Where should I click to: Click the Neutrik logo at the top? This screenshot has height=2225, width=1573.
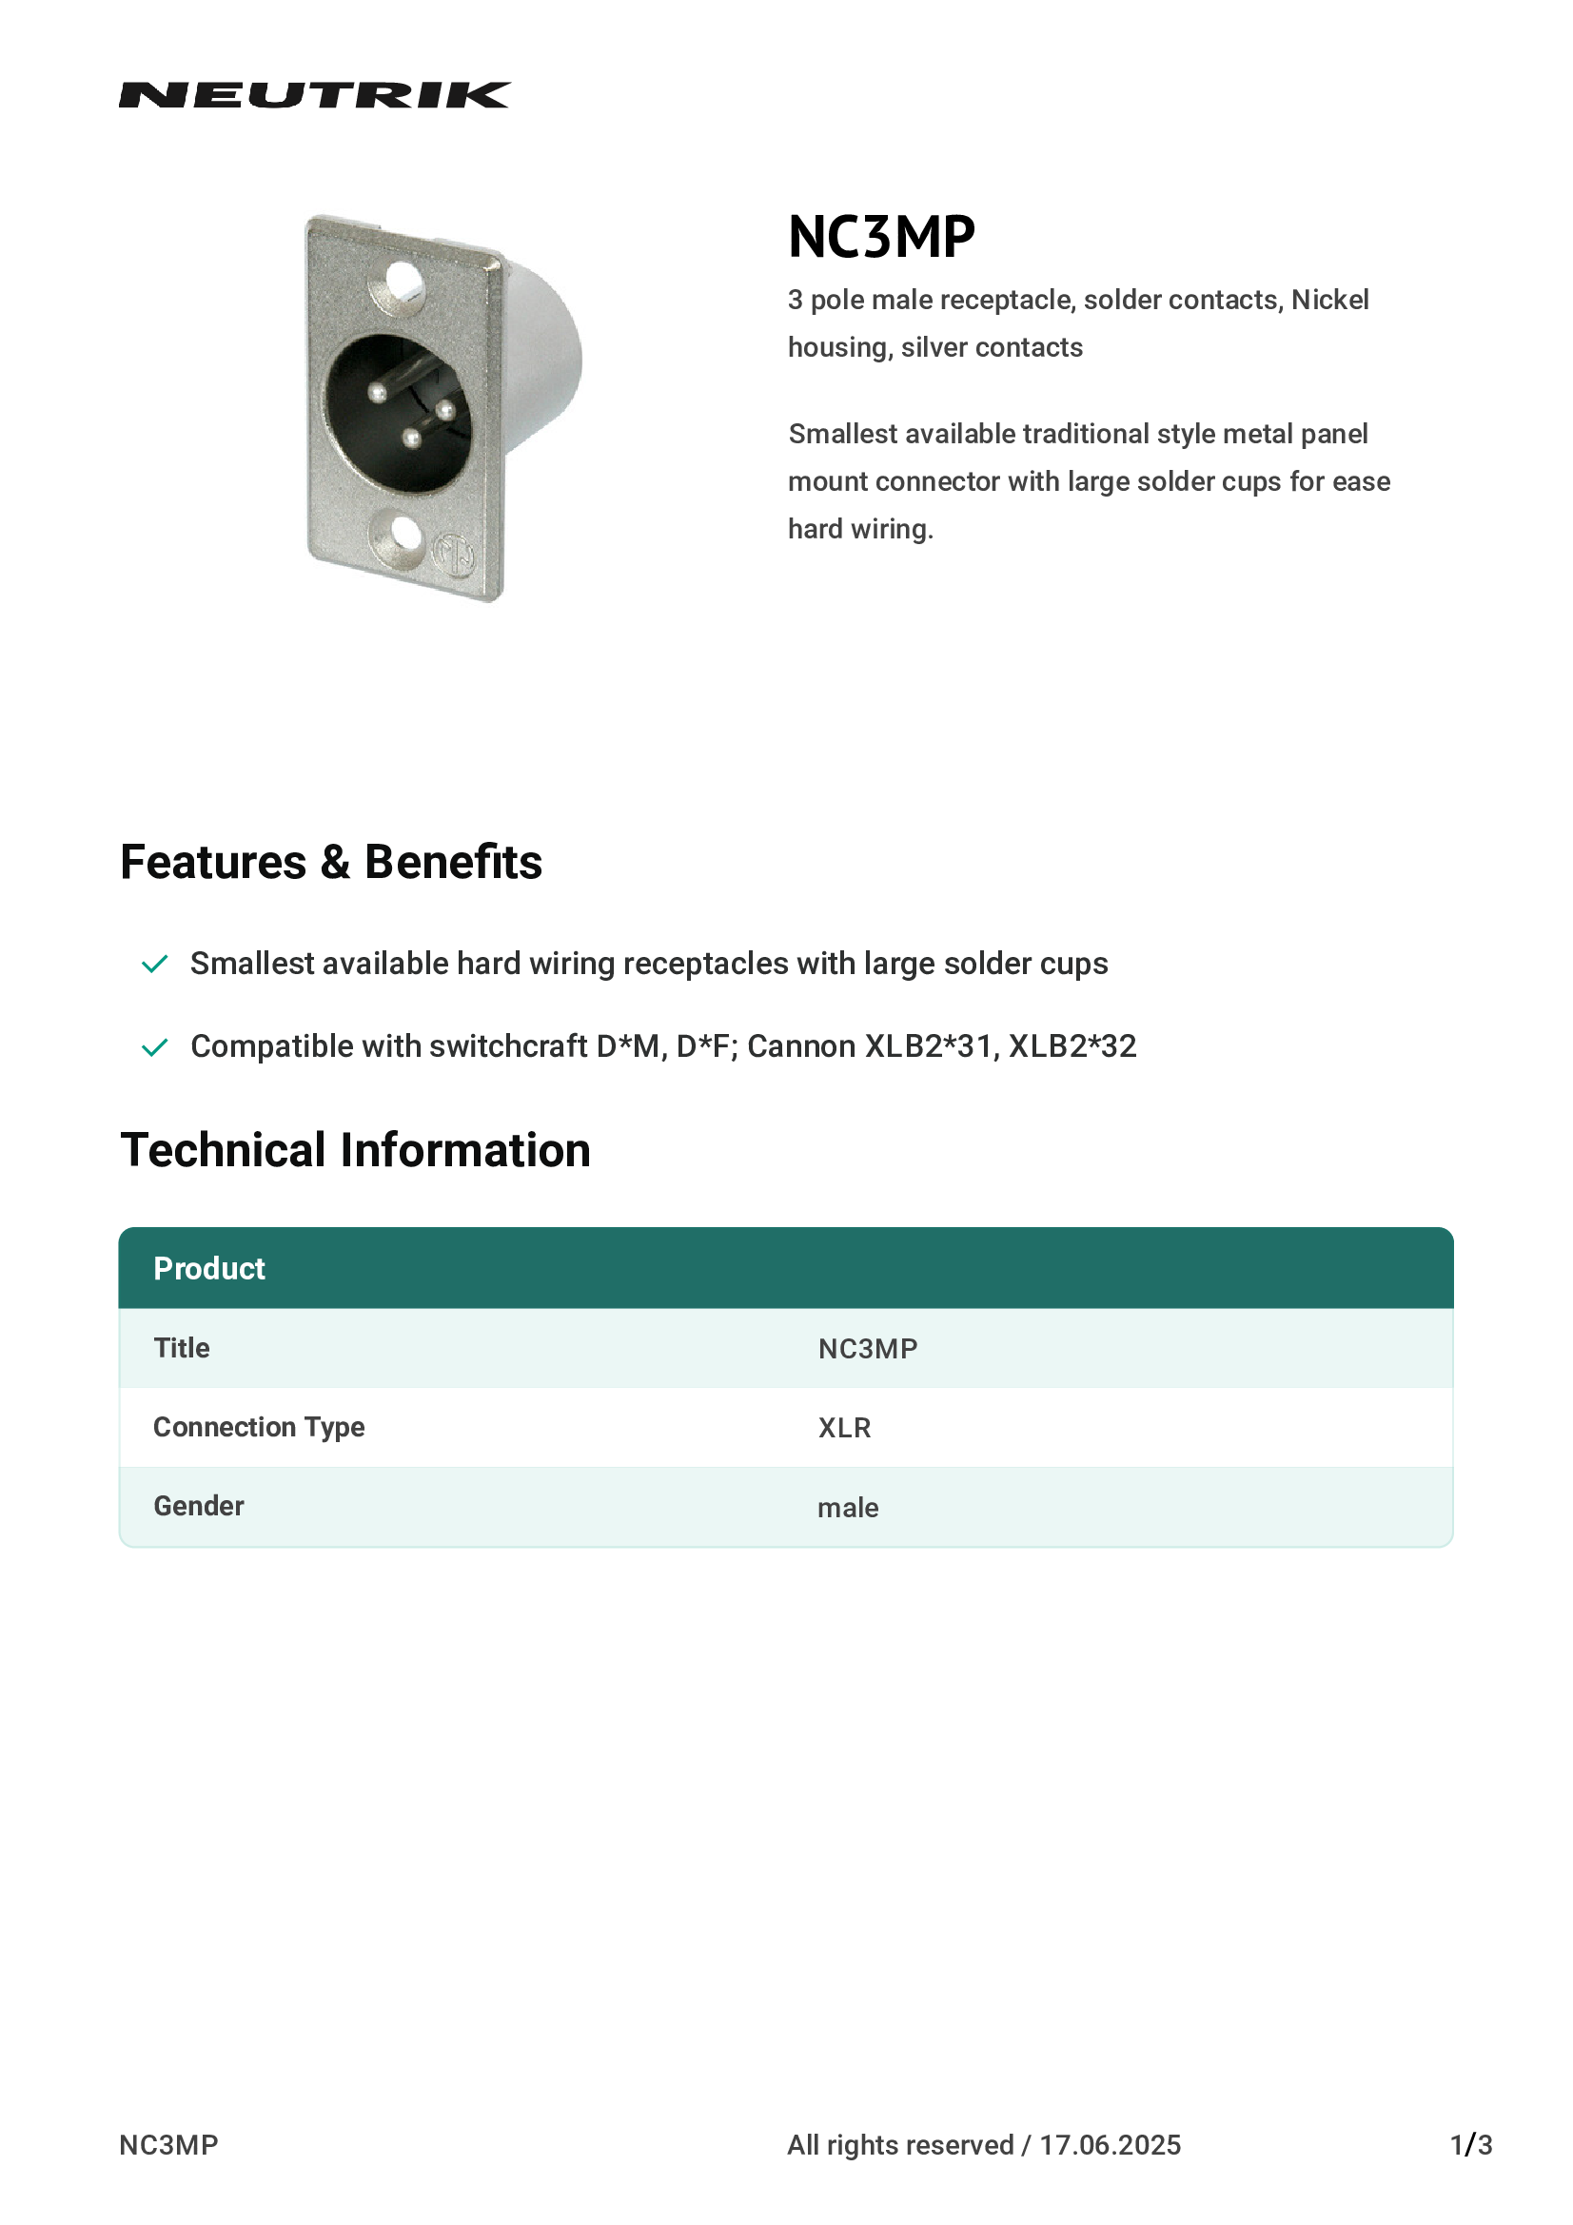click(314, 95)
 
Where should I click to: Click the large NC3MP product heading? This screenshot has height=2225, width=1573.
click(881, 237)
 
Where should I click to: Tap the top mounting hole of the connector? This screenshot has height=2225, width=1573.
click(404, 281)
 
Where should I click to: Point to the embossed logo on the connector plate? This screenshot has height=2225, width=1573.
click(453, 555)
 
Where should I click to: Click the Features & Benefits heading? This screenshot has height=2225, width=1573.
click(330, 862)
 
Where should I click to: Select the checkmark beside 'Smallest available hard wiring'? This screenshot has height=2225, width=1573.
click(155, 965)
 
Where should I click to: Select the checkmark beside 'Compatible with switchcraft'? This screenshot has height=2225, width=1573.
click(155, 1047)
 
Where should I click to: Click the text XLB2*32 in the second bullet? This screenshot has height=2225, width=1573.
click(1072, 1046)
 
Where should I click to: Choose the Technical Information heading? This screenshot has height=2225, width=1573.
click(355, 1150)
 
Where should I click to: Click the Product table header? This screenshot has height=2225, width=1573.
click(209, 1269)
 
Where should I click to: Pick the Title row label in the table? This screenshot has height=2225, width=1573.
click(181, 1348)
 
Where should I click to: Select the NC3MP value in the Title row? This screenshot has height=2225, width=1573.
click(868, 1349)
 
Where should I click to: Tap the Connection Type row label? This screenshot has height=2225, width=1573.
click(259, 1428)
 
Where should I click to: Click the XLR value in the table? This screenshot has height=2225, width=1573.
click(844, 1429)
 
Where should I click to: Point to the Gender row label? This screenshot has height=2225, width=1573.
click(199, 1506)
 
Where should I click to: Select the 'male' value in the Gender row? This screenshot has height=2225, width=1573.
click(848, 1508)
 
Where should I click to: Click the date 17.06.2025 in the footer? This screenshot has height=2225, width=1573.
click(1110, 2145)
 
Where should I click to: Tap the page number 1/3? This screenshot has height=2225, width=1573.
click(1470, 2145)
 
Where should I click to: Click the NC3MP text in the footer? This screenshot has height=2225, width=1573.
click(168, 2145)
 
